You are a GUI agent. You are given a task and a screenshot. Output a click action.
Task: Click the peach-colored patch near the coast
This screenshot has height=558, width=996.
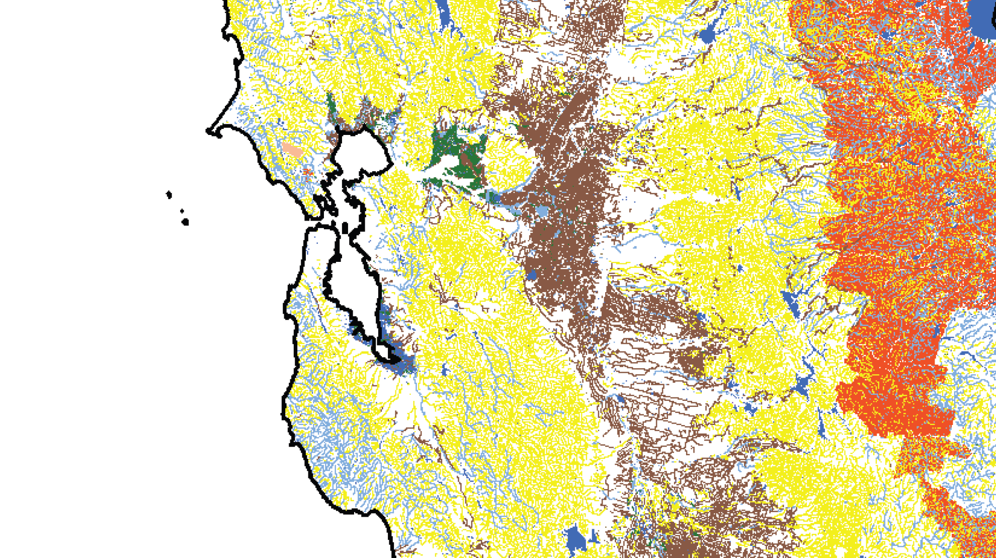292,150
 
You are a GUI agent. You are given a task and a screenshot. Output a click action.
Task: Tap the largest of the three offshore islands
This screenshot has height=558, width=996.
185,222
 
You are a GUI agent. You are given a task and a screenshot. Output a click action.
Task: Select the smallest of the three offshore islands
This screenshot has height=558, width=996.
182,212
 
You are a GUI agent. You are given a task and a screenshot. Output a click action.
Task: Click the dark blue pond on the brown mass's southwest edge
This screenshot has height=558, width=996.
532,275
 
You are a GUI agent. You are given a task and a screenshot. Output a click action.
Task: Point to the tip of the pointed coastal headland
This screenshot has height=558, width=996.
208,131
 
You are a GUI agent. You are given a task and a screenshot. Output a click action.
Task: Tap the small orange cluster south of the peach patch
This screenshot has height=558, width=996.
307,173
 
